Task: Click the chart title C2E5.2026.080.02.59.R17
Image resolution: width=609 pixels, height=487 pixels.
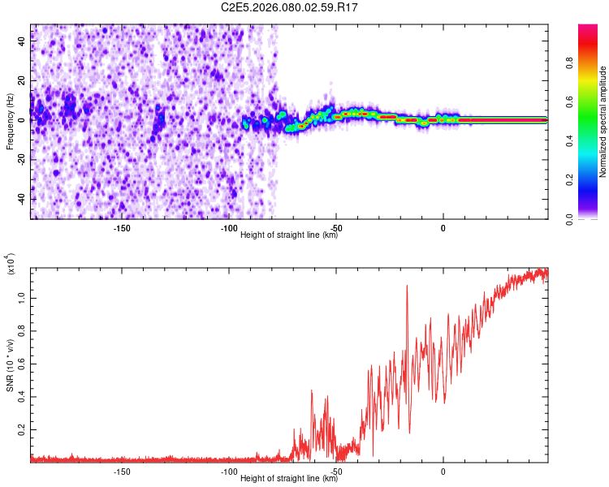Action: [289, 7]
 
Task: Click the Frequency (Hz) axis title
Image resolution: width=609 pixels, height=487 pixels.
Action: [10, 122]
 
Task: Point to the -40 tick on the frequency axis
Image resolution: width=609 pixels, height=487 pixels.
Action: [22, 199]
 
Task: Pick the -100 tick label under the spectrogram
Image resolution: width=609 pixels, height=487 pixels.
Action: [228, 228]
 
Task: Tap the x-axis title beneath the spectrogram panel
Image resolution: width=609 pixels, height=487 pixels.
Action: [289, 235]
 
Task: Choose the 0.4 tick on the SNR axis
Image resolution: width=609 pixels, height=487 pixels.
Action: [22, 396]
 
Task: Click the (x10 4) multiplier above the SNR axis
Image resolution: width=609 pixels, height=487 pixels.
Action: [11, 264]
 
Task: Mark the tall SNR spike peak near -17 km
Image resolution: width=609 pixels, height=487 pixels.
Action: [407, 286]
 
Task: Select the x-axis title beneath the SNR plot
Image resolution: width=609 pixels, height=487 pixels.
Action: [289, 479]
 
